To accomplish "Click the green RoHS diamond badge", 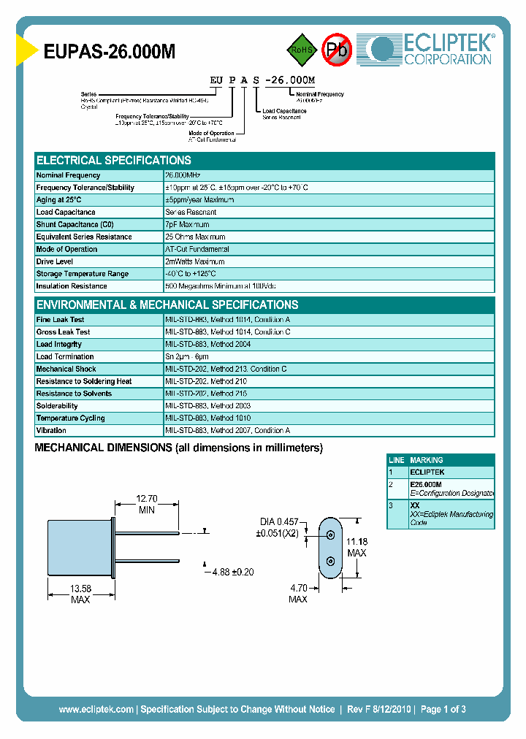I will [300, 50].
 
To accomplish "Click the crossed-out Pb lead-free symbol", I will [337, 50].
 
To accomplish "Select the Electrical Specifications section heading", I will [114, 160].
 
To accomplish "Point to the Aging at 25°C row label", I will [59, 200].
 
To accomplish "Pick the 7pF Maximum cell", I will [188, 225].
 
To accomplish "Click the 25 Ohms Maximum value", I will [196, 237].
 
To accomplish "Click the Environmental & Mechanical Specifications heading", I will [167, 305].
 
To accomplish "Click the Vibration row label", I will [51, 431].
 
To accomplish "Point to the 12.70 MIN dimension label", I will [147, 505].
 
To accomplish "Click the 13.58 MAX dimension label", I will [80, 594].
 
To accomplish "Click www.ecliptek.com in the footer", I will [96, 709].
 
